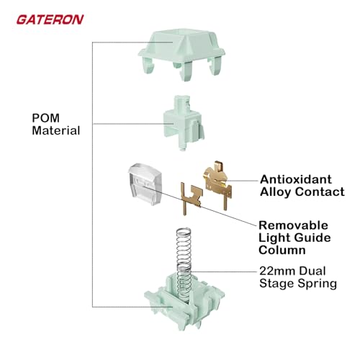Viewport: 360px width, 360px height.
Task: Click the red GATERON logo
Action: click(x=50, y=19)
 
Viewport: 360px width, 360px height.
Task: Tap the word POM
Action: click(x=46, y=118)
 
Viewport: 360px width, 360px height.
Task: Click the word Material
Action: click(x=56, y=130)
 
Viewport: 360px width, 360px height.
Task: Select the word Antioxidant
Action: click(x=296, y=179)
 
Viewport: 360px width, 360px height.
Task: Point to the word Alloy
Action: click(x=276, y=192)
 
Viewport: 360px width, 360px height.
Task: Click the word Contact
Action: click(x=320, y=192)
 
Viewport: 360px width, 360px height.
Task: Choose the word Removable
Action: click(x=293, y=225)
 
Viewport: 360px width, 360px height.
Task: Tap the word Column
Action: click(x=282, y=250)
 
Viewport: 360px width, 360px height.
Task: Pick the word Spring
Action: click(x=318, y=284)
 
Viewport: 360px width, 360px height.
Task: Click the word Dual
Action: click(x=312, y=271)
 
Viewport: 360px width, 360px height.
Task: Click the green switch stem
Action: click(x=184, y=122)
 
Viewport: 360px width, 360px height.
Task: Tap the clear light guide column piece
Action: click(x=145, y=184)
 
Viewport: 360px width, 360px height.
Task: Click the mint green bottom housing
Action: click(x=184, y=304)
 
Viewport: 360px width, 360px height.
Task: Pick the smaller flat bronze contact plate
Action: click(x=192, y=198)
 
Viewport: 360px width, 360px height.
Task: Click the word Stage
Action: click(x=277, y=284)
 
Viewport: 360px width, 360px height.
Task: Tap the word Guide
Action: click(x=312, y=238)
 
